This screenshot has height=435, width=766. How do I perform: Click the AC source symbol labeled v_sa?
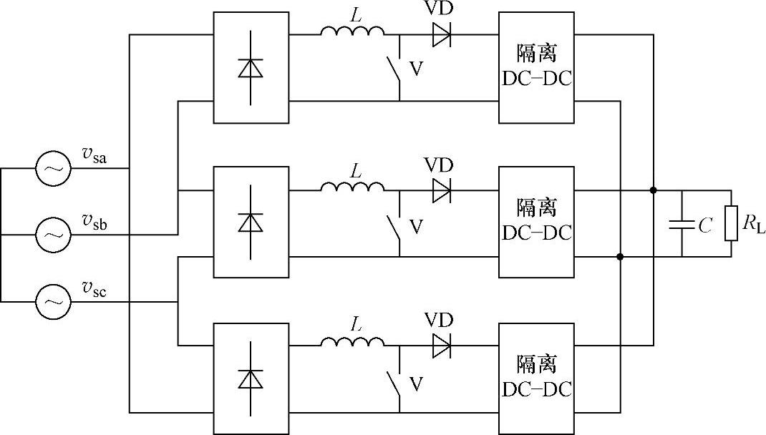pyautogui.click(x=54, y=169)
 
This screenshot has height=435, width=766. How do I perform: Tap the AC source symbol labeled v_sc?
pyautogui.click(x=54, y=301)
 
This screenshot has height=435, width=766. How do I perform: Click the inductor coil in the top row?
pyautogui.click(x=352, y=31)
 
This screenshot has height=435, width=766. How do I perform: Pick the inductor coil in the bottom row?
pyautogui.click(x=352, y=343)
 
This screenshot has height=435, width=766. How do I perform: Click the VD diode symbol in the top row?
pyautogui.click(x=441, y=34)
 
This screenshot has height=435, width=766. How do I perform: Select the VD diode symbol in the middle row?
pyautogui.click(x=441, y=190)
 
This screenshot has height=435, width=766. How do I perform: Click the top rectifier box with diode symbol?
pyautogui.click(x=251, y=67)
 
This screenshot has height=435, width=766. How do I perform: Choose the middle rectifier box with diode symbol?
pyautogui.click(x=251, y=222)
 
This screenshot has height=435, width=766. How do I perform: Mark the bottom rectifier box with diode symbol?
pyautogui.click(x=251, y=378)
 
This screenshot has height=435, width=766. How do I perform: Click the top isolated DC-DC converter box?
pyautogui.click(x=536, y=67)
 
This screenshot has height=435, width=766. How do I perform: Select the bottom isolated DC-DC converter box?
pyautogui.click(x=536, y=378)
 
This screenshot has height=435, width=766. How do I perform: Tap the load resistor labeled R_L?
pyautogui.click(x=731, y=224)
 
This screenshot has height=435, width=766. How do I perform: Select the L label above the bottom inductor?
pyautogui.click(x=355, y=324)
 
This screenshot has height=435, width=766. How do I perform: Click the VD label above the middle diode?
pyautogui.click(x=439, y=165)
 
